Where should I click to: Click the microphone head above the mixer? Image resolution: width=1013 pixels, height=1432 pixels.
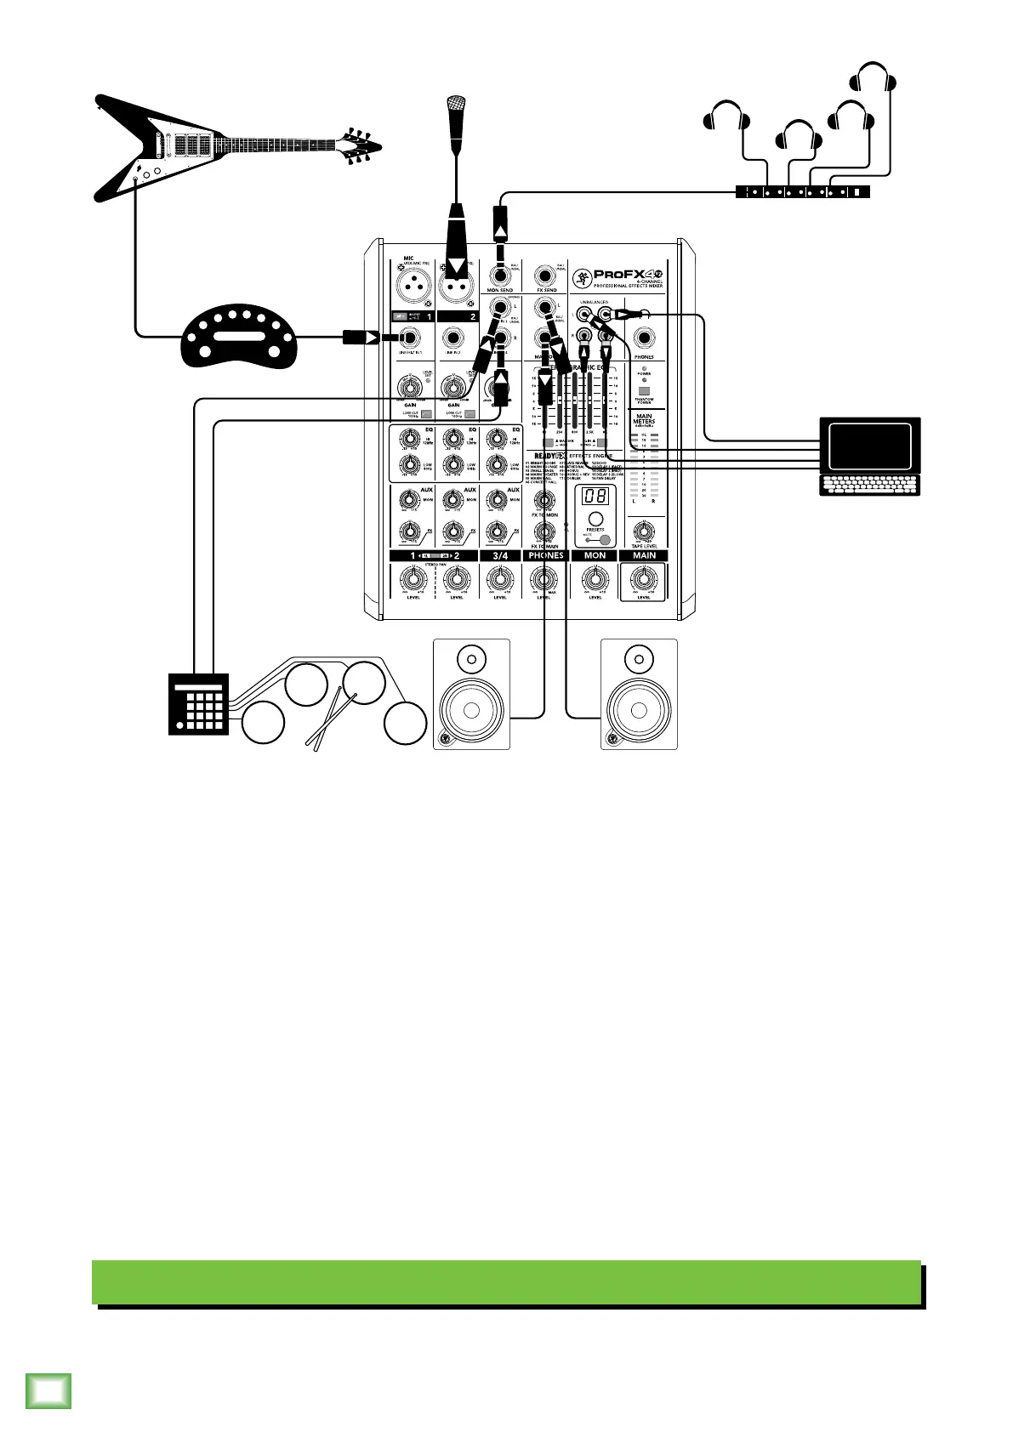(456, 105)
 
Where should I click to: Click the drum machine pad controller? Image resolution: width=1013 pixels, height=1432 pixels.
(199, 703)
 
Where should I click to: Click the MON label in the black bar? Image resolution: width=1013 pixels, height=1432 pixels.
(595, 555)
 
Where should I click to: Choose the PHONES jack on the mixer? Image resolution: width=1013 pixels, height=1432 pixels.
(644, 338)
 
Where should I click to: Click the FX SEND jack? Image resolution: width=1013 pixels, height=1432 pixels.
(545, 276)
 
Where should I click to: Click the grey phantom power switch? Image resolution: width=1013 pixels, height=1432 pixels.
(644, 390)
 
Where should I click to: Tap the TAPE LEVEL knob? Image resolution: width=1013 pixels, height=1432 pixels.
(644, 531)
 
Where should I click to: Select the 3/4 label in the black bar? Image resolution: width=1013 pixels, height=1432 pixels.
(500, 555)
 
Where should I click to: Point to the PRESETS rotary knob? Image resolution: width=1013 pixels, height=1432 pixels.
(595, 519)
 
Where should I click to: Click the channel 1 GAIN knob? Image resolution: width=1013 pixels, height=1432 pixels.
(410, 388)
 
